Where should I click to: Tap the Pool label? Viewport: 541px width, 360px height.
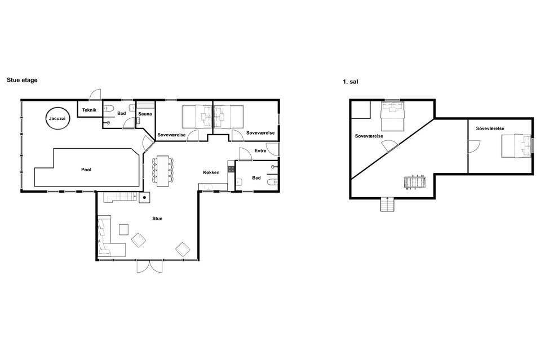(86, 170)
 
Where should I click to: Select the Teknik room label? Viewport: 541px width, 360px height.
(89, 110)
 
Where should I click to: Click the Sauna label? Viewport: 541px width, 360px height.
(145, 114)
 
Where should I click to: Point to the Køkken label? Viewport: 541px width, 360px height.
(211, 172)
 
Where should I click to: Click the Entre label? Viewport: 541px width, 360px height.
(260, 150)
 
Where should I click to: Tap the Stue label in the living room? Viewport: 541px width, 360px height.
(157, 218)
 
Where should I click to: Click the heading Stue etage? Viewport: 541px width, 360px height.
(22, 80)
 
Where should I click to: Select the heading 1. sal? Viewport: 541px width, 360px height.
(350, 82)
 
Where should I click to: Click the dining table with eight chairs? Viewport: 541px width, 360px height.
(162, 171)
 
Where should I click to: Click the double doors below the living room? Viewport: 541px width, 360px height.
(149, 266)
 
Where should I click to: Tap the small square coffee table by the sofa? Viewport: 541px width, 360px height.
(123, 230)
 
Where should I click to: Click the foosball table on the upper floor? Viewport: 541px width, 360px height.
(415, 183)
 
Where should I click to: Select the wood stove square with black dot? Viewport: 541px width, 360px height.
(145, 198)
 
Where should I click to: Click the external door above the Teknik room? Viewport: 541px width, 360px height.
(95, 95)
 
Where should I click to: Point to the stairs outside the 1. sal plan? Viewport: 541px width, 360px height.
(388, 204)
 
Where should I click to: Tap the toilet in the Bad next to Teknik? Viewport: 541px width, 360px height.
(108, 109)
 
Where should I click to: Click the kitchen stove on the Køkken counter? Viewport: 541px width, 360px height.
(231, 169)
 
